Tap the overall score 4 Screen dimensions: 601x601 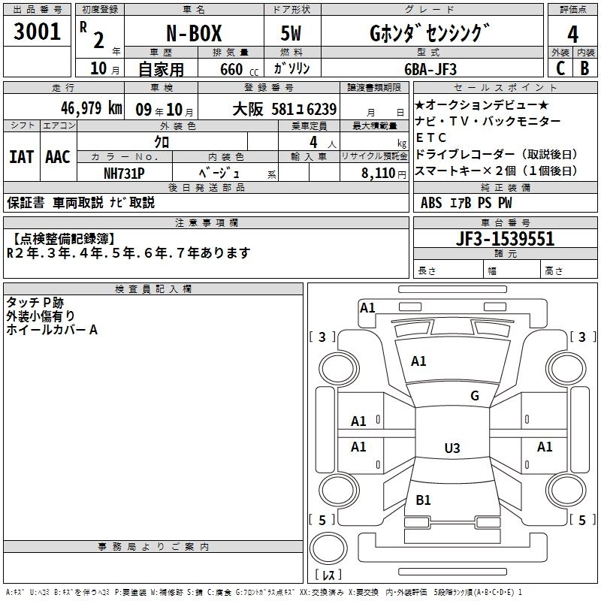tap(572, 35)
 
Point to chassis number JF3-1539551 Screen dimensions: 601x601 tap(505, 239)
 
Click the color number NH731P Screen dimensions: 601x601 tap(124, 172)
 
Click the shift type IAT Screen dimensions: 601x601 tap(22, 156)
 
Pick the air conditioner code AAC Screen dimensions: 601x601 tap(58, 156)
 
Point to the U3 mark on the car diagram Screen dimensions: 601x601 tap(452, 448)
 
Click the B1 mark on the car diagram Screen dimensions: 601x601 tap(423, 500)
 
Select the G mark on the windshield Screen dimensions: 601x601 tap(475, 396)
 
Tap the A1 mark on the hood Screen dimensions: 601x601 tap(418, 361)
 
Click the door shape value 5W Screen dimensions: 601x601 tap(294, 35)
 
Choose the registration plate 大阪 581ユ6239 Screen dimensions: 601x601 tap(284, 109)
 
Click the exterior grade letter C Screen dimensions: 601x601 tap(560, 68)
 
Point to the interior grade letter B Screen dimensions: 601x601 tap(585, 68)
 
